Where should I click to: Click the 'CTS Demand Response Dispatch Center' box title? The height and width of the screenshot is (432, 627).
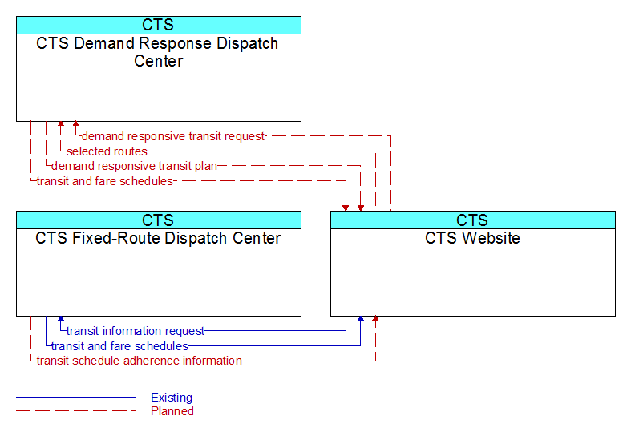click(157, 52)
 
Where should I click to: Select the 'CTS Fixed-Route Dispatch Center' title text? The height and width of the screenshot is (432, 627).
click(158, 238)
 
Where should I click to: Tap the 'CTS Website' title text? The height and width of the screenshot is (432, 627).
click(472, 238)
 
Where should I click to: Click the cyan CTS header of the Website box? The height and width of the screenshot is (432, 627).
click(473, 220)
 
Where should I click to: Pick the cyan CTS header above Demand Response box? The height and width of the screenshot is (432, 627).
click(159, 25)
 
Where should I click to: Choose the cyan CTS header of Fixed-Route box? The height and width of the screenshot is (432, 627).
click(159, 220)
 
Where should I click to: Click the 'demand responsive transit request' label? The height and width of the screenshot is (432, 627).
click(173, 137)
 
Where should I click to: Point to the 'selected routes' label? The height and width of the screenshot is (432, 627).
click(107, 151)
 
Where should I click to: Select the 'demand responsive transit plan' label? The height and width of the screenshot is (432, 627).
click(135, 166)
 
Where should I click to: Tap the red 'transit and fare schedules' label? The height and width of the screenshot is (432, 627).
click(105, 181)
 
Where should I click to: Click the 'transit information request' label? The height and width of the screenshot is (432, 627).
click(136, 331)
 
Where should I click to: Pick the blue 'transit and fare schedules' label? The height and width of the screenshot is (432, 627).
click(119, 346)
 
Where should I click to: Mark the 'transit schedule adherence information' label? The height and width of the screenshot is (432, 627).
click(140, 361)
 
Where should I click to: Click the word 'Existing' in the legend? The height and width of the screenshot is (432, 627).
click(172, 398)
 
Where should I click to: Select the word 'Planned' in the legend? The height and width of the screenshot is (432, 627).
click(172, 411)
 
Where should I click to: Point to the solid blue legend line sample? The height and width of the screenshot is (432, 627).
click(75, 398)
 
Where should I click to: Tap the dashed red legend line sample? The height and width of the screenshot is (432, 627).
click(75, 411)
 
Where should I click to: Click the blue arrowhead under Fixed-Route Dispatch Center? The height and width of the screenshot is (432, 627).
click(61, 319)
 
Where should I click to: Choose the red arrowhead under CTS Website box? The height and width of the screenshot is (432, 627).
click(375, 319)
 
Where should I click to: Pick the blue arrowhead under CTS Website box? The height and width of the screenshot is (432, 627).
click(361, 319)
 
